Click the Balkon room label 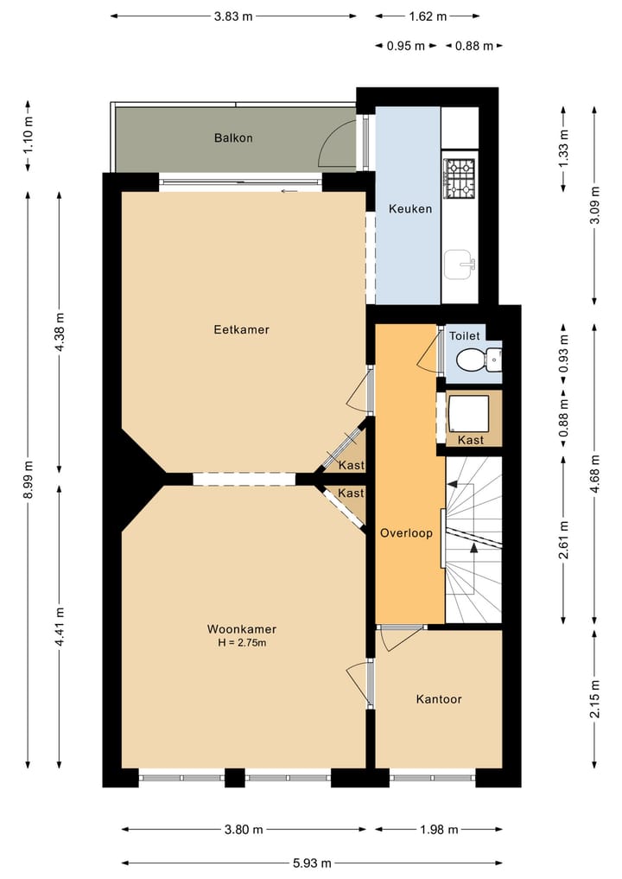233,138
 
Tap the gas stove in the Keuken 460,178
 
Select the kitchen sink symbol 460,264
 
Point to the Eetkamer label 242,329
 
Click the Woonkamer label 242,629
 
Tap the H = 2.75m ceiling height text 242,643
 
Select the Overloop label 406,533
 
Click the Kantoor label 439,699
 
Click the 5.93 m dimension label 312,863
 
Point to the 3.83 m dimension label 233,16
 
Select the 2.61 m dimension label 564,540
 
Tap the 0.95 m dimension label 406,46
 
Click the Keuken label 410,209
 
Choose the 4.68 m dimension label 595,474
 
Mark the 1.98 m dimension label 440,829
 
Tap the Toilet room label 465,336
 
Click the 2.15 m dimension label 595,698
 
